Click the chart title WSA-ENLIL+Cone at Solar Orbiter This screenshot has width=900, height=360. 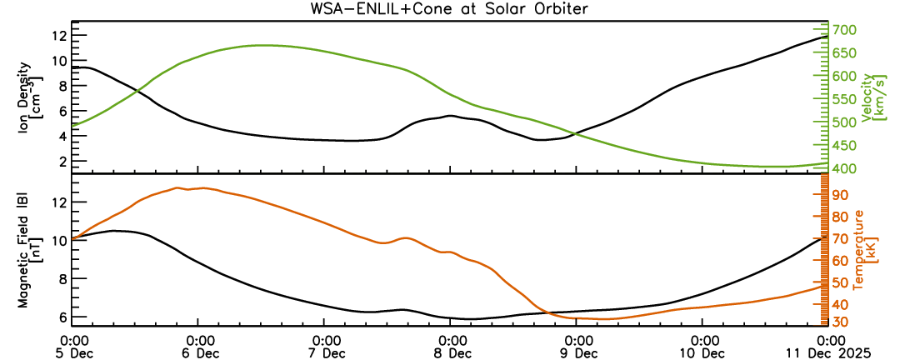[450, 9]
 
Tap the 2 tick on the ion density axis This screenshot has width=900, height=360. [62, 160]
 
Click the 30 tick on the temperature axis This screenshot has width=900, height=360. [842, 322]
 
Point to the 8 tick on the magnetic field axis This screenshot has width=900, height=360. [62, 279]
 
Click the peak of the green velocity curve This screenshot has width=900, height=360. [262, 45]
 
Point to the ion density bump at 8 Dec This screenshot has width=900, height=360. [450, 116]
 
